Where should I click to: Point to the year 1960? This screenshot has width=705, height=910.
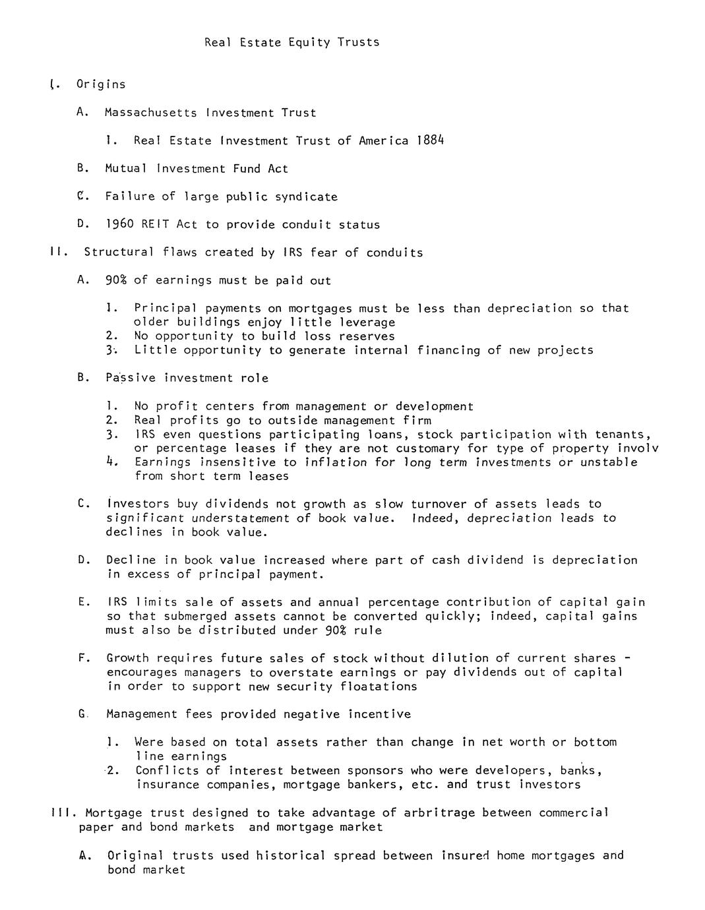119,224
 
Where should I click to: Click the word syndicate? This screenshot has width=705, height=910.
306,197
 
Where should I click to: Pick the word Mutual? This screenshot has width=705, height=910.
127,169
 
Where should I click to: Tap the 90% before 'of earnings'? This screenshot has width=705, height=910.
116,280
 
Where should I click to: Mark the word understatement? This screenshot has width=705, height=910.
241,518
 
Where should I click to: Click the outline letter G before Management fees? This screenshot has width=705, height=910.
82,714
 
